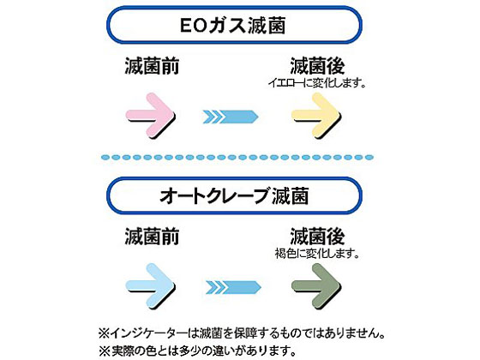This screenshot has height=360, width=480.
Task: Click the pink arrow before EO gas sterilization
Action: click(x=150, y=116)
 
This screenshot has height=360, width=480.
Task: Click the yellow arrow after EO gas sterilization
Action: click(x=316, y=116)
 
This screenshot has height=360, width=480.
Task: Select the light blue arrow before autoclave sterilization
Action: click(x=150, y=286)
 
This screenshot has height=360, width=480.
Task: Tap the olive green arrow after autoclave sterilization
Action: click(x=316, y=286)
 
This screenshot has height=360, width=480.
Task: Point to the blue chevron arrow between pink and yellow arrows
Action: click(x=231, y=117)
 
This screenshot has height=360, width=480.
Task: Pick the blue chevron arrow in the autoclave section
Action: click(x=233, y=287)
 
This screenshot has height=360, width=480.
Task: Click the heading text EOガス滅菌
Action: click(x=233, y=25)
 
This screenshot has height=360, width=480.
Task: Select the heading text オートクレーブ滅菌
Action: click(x=234, y=195)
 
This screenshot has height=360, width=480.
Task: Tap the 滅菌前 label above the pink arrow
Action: click(x=152, y=66)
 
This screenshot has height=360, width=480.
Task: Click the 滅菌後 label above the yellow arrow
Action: click(x=317, y=66)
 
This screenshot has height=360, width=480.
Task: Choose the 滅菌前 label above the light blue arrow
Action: click(x=152, y=237)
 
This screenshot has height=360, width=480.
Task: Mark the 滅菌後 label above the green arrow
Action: click(x=317, y=237)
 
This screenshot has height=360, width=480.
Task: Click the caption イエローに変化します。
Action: click(x=317, y=83)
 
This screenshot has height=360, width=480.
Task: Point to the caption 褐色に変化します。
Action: click(x=317, y=254)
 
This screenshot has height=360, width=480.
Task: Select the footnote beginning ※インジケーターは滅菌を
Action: click(x=241, y=333)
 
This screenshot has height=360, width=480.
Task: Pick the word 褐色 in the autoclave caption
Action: click(x=285, y=254)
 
